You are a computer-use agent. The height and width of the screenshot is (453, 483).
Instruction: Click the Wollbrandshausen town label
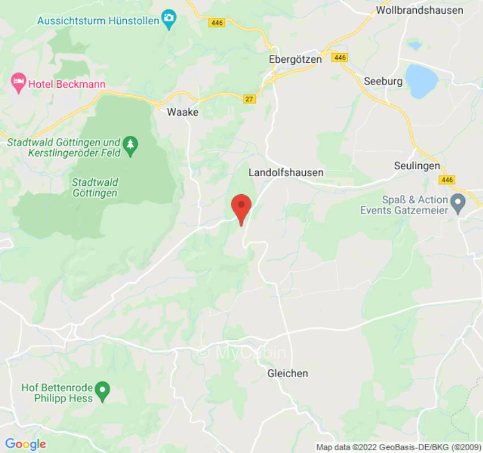coord(419,10)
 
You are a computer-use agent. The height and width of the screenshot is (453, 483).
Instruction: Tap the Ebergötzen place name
coord(295,59)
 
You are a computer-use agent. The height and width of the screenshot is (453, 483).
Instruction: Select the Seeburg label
coord(383,81)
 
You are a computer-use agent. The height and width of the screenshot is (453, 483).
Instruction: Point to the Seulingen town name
coord(417,166)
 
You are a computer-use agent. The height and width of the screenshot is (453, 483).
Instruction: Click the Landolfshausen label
coord(286,172)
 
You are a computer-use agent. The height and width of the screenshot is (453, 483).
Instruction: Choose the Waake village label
coord(183,112)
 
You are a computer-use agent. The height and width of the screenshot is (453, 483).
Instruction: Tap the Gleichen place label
coord(288,373)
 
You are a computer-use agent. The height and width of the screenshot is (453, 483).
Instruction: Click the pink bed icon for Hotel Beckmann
coord(18,84)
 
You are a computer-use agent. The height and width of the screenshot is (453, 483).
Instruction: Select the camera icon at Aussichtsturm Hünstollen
coord(168,20)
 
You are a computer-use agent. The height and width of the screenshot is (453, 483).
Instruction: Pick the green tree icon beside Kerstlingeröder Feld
coord(131,146)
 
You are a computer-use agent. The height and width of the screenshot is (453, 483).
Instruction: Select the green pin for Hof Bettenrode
coord(102,390)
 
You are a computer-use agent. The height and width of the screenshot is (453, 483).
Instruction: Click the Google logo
coord(25,445)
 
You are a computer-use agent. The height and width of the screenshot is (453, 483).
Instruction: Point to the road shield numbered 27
coord(249,99)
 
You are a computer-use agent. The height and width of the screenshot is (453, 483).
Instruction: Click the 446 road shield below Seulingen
coord(447,180)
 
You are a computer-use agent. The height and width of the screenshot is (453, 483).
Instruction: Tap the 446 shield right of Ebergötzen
coord(340,58)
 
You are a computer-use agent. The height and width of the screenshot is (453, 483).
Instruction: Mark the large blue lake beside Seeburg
coord(421,81)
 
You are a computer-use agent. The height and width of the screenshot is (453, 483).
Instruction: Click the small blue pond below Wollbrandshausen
coord(415,45)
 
